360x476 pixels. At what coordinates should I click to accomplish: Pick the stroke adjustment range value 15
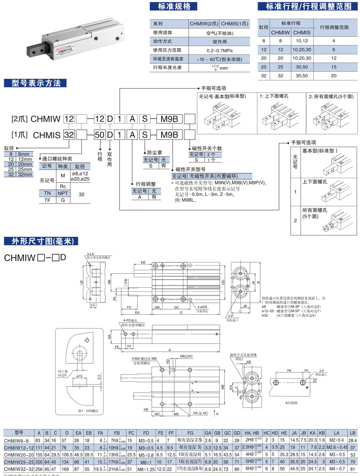click(x=333, y=67)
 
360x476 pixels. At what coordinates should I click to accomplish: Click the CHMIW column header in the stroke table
click(x=280, y=33)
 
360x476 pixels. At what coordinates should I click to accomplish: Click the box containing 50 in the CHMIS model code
click(x=100, y=135)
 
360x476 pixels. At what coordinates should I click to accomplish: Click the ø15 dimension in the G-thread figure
click(x=80, y=376)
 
